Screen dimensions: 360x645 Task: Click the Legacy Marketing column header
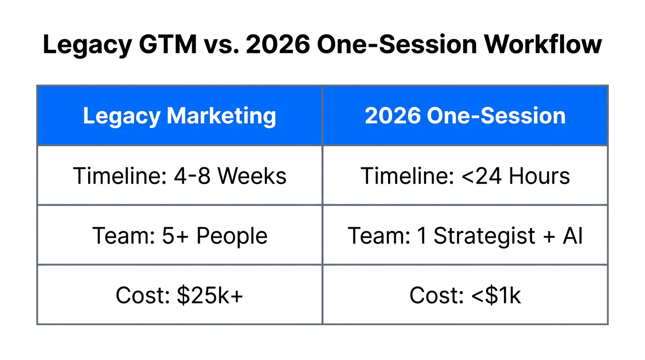pyautogui.click(x=180, y=116)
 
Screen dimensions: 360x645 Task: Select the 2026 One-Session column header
pyautogui.click(x=465, y=116)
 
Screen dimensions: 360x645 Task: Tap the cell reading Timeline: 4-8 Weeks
pyautogui.click(x=180, y=176)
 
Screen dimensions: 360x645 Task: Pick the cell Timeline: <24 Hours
pyautogui.click(x=465, y=176)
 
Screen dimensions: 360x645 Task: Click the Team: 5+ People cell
pyautogui.click(x=180, y=235)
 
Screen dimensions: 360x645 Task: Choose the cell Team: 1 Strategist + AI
pyautogui.click(x=465, y=235)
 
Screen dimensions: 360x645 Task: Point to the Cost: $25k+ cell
pyautogui.click(x=180, y=295)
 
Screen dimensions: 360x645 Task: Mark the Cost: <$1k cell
pyautogui.click(x=465, y=295)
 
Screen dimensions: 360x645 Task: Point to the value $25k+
pyautogui.click(x=210, y=295)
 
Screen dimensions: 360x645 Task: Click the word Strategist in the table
pyautogui.click(x=485, y=235)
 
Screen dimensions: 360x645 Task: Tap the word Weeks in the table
pyautogui.click(x=252, y=176)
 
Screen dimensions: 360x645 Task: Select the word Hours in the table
pyautogui.click(x=539, y=176)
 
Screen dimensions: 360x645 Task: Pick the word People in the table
pyautogui.click(x=232, y=235)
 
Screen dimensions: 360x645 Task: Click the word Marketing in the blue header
pyautogui.click(x=221, y=116)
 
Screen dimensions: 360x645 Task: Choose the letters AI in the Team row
pyautogui.click(x=573, y=235)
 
